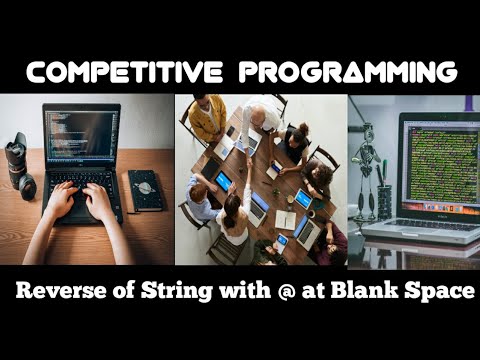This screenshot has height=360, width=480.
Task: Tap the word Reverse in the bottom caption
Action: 62,294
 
